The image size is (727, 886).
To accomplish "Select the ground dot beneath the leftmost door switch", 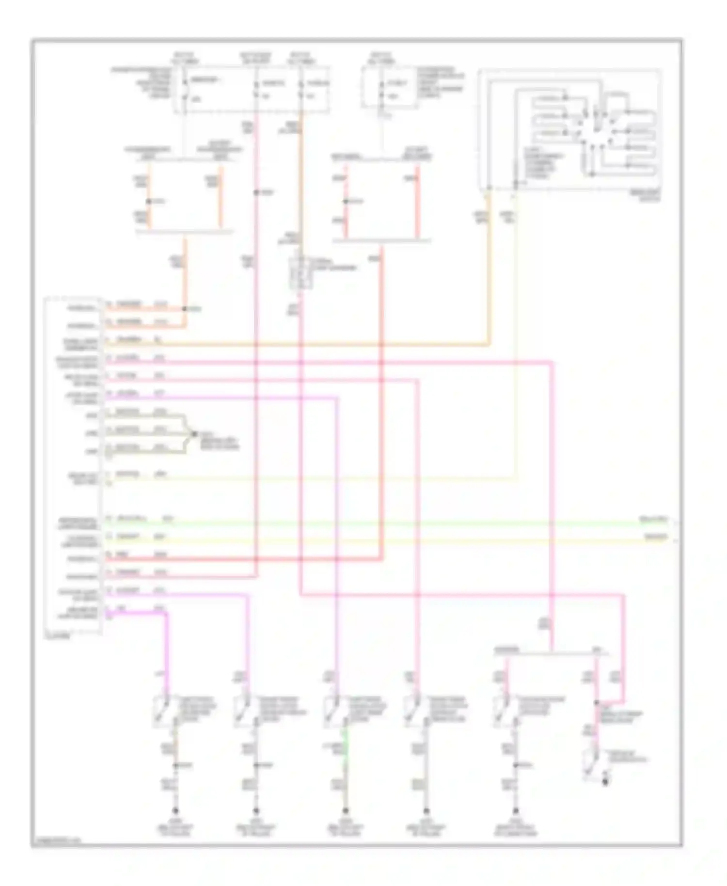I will [x=175, y=811].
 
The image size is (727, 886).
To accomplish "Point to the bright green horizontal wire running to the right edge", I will [x=388, y=523].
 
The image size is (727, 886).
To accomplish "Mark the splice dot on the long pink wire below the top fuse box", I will [x=256, y=192].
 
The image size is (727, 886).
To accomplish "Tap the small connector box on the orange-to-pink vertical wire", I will [x=300, y=272].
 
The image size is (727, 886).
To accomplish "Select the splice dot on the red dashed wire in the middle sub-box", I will [x=346, y=201].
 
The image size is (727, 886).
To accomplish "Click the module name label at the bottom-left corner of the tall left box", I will [x=57, y=635].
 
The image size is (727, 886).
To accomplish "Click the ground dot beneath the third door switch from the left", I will [x=345, y=811].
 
